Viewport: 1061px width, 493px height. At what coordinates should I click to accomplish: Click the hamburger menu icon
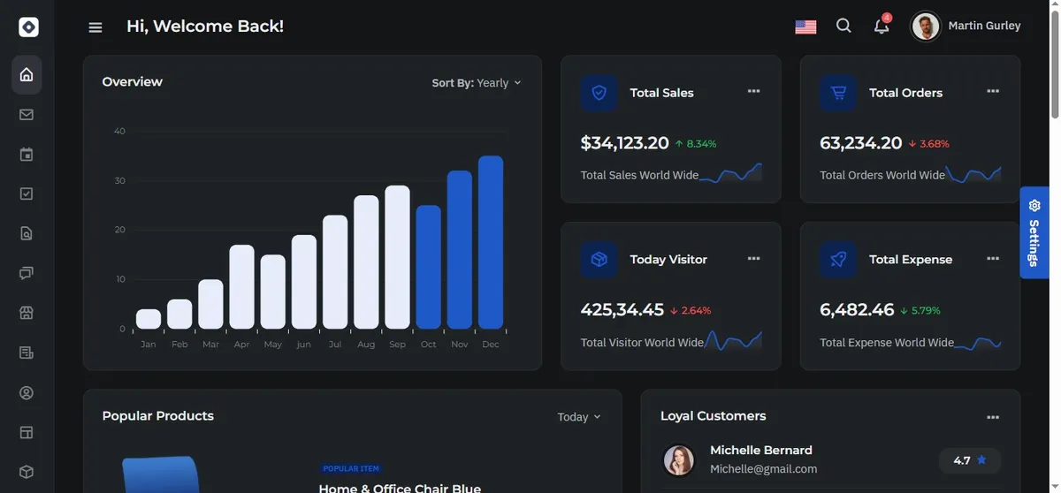click(95, 27)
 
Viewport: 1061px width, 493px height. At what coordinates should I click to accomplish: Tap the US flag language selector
click(805, 27)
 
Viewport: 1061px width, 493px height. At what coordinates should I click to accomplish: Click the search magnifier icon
click(843, 26)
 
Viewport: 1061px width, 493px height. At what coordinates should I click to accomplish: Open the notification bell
click(882, 26)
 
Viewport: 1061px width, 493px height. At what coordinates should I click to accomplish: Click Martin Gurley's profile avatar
click(925, 26)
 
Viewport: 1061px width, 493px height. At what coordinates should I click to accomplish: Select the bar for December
click(491, 242)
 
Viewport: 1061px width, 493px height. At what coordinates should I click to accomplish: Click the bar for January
click(149, 319)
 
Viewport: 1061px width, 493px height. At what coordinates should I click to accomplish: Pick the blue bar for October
click(429, 267)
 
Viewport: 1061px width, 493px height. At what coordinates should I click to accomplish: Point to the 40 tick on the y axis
click(119, 131)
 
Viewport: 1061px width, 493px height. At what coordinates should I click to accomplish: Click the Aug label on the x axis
click(366, 345)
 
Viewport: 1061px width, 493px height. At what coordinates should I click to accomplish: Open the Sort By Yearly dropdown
click(477, 83)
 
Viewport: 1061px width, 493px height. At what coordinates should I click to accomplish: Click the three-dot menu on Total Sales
click(753, 91)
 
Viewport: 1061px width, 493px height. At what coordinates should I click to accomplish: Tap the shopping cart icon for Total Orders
click(838, 93)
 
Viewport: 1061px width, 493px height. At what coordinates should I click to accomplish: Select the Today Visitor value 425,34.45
click(622, 309)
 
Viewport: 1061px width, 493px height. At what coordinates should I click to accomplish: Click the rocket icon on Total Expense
click(838, 259)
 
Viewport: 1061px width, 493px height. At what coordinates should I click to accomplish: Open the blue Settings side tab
click(1034, 232)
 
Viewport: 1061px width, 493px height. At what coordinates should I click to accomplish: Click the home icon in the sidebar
click(27, 75)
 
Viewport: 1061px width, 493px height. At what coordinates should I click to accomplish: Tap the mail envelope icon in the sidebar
click(27, 115)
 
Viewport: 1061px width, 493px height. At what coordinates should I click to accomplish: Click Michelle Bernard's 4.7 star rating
click(970, 460)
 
